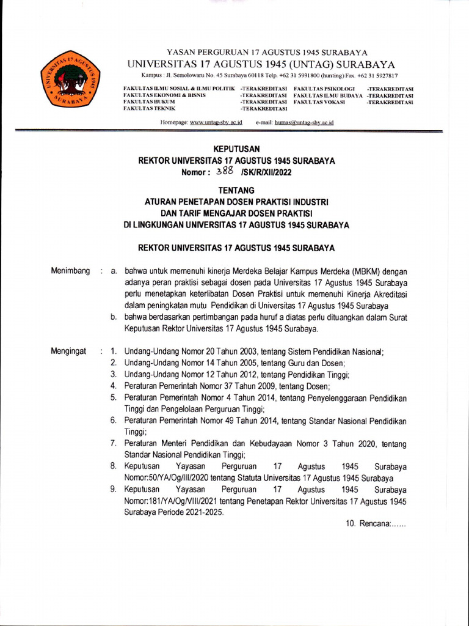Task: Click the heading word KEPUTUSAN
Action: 236,149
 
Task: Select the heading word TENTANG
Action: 236,191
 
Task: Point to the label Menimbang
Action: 71,271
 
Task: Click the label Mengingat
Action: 68,351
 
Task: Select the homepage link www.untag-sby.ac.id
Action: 216,123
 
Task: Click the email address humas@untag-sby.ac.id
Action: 304,123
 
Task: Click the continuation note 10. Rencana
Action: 376,524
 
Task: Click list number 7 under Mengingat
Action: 114,443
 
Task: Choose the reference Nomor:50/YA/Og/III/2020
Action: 166,478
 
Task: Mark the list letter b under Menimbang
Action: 114,317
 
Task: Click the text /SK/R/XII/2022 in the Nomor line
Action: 267,172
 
